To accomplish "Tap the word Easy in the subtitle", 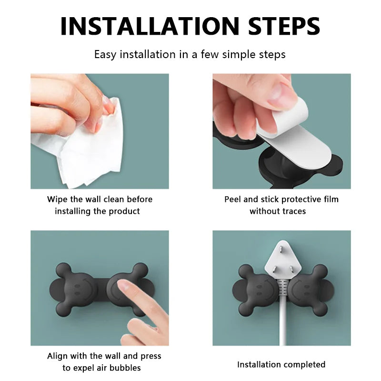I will [105, 54].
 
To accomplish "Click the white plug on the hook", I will [281, 260].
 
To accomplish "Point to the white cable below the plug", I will [283, 324].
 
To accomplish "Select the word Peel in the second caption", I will [233, 199].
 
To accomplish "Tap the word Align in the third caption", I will [57, 356].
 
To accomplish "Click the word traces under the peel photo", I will [292, 211].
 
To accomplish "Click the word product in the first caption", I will [125, 211].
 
